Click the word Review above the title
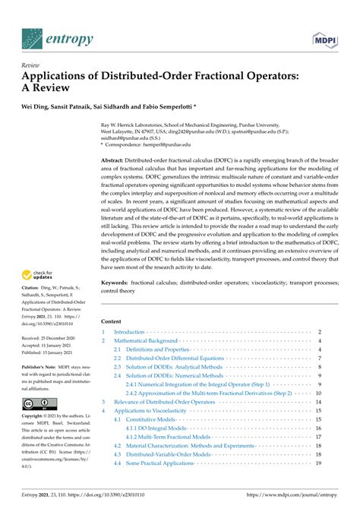[x=30, y=65]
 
